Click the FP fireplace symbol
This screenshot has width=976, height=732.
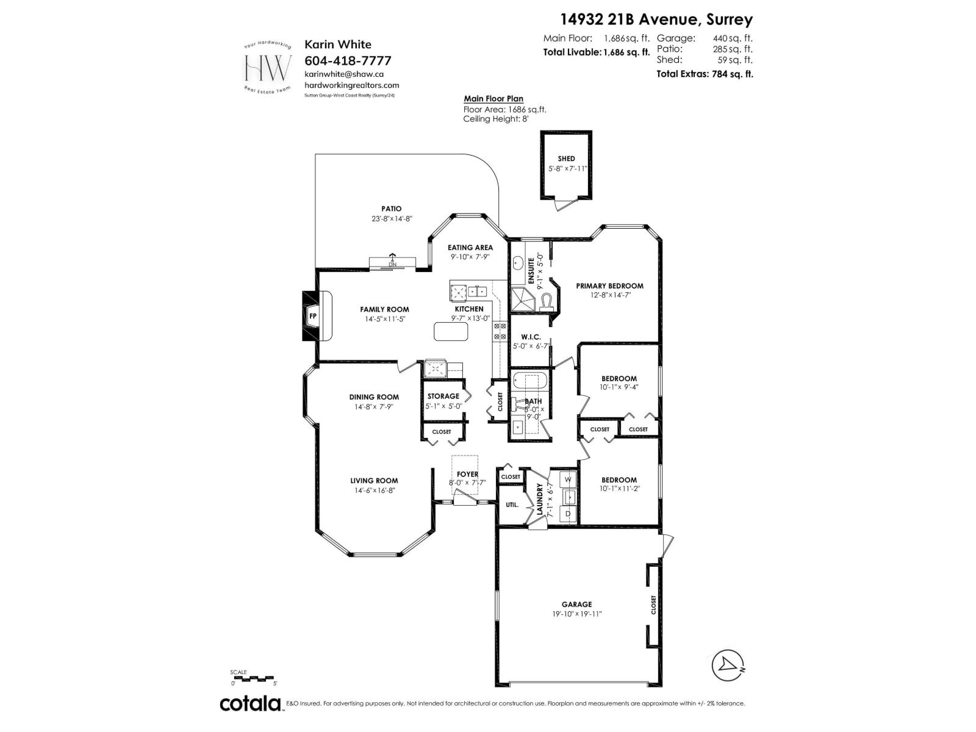[x=313, y=316]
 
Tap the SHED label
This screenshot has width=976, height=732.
[x=566, y=159]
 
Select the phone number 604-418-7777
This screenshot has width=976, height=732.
[x=348, y=60]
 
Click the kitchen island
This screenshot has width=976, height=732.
[x=451, y=331]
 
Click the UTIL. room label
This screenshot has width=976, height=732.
[x=512, y=504]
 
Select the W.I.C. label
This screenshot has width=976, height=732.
[x=531, y=337]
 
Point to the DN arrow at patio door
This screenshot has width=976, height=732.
[x=392, y=261]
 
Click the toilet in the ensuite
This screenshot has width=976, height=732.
[x=549, y=301]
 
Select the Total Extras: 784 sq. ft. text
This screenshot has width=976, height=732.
[x=705, y=74]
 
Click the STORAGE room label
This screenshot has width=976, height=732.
[x=443, y=396]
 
